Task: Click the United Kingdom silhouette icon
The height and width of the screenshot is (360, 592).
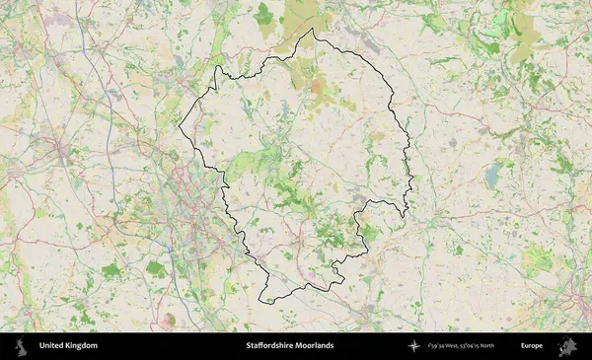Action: click(20, 346)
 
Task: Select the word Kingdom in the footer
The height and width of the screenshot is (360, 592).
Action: click(83, 346)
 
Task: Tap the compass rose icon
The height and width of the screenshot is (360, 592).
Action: click(414, 346)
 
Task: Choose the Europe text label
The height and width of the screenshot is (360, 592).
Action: click(533, 346)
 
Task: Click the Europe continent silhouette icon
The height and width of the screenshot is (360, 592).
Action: click(567, 346)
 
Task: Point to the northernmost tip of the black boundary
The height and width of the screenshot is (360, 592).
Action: click(314, 29)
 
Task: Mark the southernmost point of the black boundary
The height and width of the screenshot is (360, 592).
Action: click(261, 302)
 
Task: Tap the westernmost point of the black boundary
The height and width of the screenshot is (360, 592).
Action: click(179, 128)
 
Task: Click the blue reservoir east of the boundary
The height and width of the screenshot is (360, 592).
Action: click(491, 176)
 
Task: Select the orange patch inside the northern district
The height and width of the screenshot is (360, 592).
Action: click(316, 88)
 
